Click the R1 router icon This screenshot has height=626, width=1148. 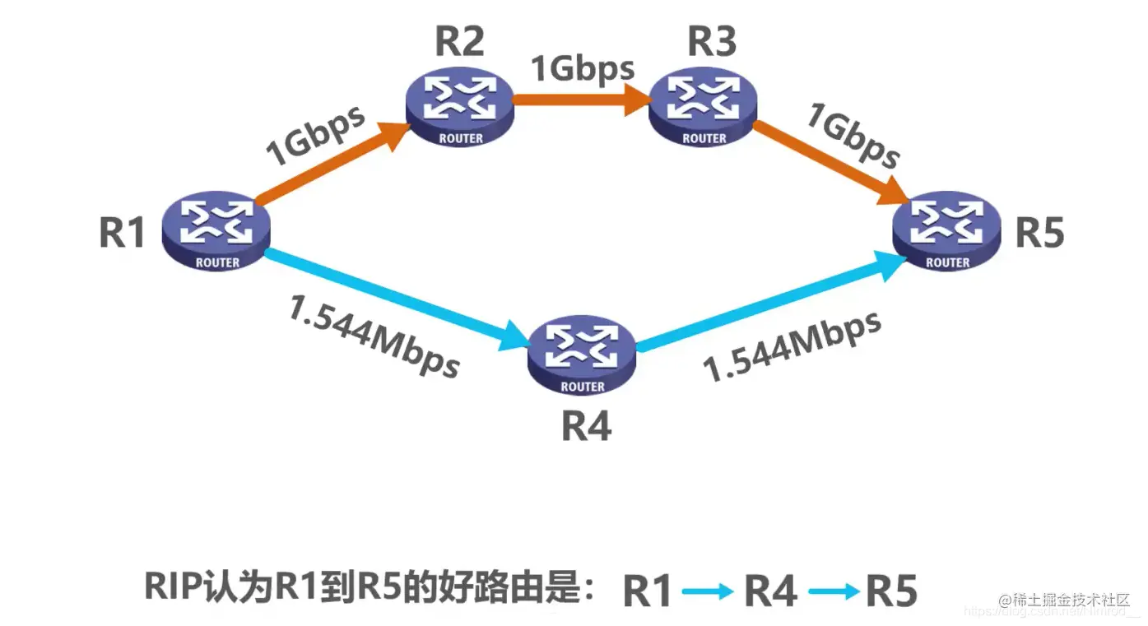point(216,231)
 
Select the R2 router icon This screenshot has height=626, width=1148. point(460,108)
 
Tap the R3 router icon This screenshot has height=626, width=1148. point(704,108)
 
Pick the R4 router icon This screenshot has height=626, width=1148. point(582,355)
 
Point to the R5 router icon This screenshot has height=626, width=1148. point(947,231)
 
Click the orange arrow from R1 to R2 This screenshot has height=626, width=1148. point(332,165)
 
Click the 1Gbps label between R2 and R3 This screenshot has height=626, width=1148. point(582,68)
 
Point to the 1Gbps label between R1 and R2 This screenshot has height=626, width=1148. point(315,135)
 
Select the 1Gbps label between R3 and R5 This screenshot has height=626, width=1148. point(852,136)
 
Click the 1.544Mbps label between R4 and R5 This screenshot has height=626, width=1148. point(792,345)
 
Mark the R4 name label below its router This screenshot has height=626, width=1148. point(586,427)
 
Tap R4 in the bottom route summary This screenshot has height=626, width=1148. point(770,591)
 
